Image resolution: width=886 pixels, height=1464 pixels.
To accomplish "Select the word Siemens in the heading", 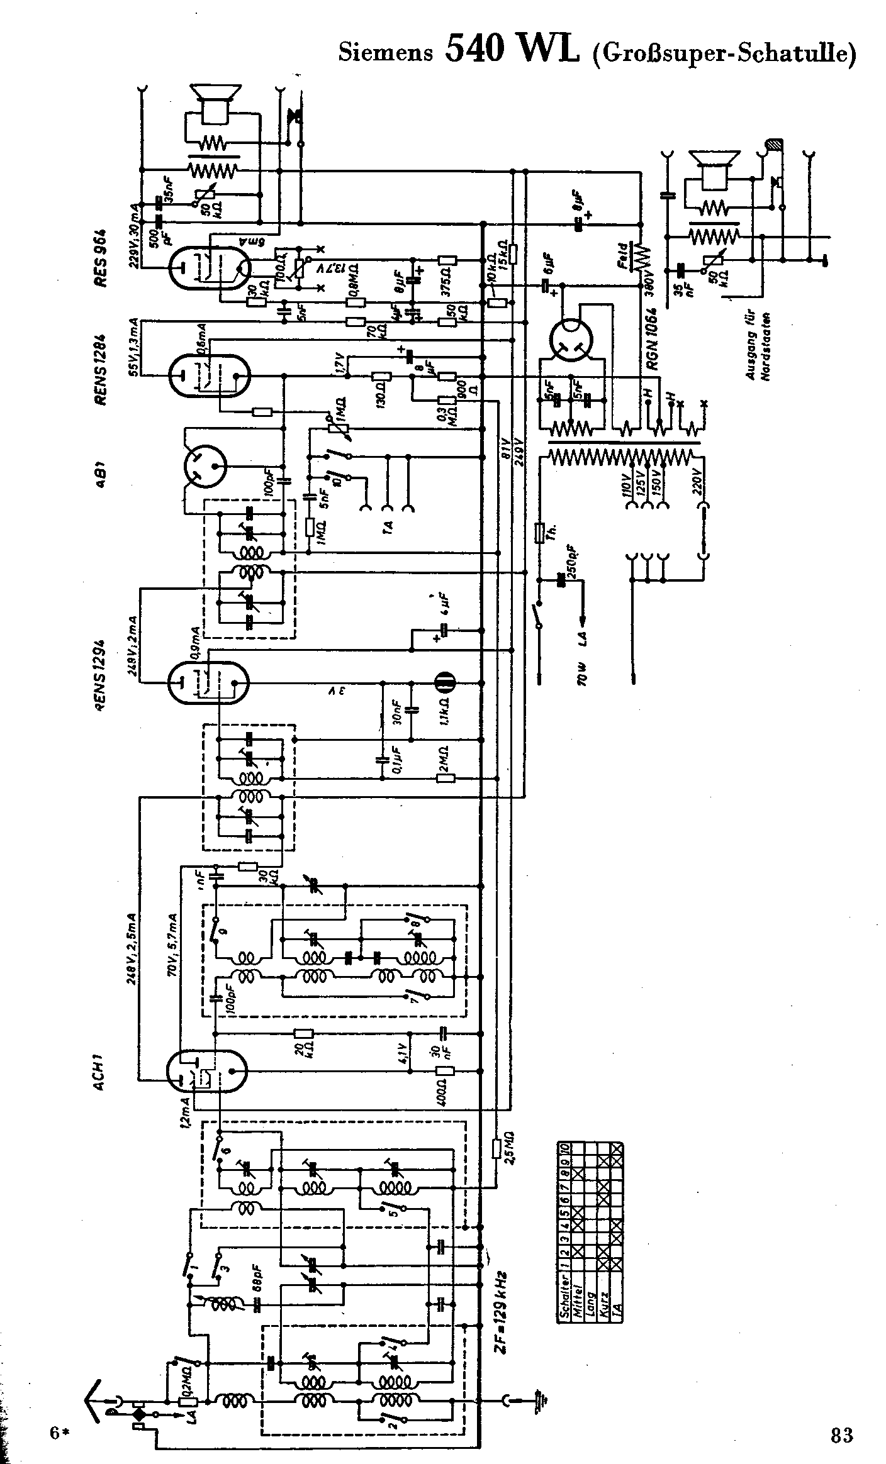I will (x=386, y=52).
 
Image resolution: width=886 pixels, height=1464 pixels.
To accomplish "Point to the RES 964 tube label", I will (x=101, y=258).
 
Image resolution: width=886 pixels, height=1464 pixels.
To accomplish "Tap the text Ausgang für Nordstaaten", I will (x=758, y=347).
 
